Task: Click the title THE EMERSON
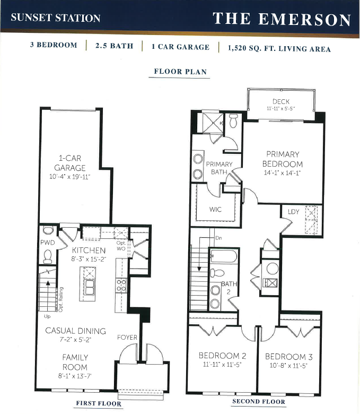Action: (282, 19)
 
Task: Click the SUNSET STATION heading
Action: (56, 18)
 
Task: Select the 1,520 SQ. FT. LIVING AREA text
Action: (279, 49)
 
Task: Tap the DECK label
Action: (281, 101)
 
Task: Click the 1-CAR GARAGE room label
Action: (70, 163)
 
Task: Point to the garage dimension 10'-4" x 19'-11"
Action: (70, 177)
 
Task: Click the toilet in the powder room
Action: (48, 256)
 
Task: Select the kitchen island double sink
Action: (89, 287)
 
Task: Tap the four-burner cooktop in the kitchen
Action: (121, 286)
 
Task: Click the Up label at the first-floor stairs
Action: (47, 316)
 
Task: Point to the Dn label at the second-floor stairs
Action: (218, 238)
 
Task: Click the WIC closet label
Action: (215, 209)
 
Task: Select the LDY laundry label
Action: (293, 212)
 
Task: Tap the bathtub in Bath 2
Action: (224, 256)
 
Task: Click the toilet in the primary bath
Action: (234, 120)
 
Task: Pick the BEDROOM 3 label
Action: (289, 357)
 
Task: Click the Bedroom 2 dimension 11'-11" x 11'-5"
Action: (222, 365)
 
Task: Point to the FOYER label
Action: (127, 337)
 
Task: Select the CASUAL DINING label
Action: (75, 331)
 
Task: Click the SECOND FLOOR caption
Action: (259, 402)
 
